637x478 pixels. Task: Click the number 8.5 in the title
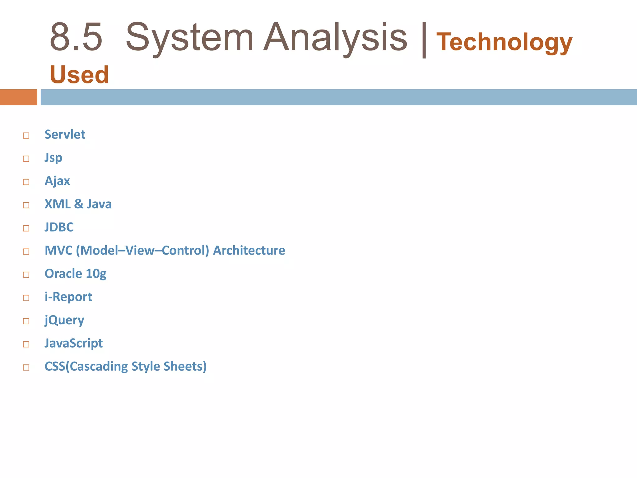[x=76, y=37]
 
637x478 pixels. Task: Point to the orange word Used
[x=79, y=75]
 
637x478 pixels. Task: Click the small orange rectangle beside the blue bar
[x=19, y=97]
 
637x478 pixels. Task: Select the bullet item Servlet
[x=65, y=134]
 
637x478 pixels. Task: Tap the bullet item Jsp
[x=53, y=158]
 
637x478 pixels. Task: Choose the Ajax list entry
[x=57, y=181]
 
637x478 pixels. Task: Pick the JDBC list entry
[x=59, y=227]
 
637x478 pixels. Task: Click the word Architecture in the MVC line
[x=249, y=251]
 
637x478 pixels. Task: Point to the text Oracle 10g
[x=75, y=274]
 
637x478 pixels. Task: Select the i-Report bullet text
[x=68, y=297]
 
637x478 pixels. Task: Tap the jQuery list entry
[x=64, y=320]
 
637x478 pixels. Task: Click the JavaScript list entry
[x=73, y=343]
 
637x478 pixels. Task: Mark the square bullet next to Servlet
[x=26, y=136]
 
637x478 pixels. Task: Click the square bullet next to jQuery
[x=26, y=321]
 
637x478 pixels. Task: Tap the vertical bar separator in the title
[x=424, y=40]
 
